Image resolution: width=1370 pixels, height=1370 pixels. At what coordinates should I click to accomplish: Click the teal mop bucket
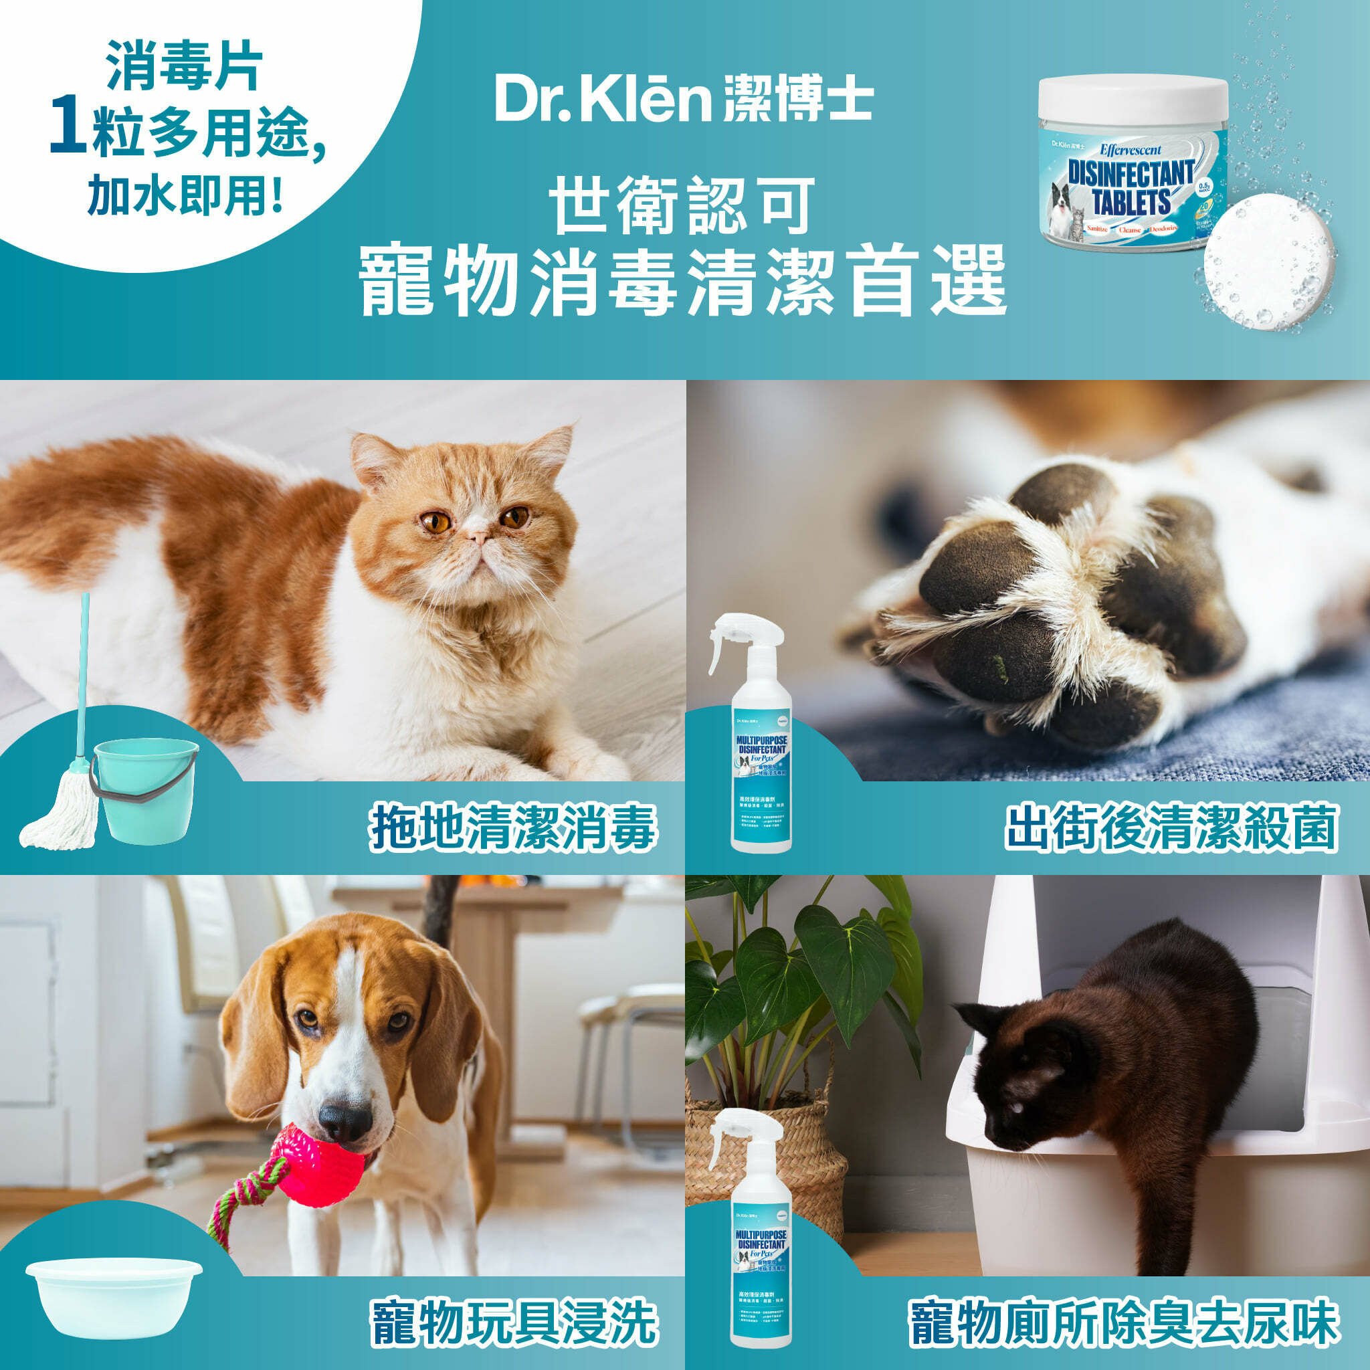click(146, 790)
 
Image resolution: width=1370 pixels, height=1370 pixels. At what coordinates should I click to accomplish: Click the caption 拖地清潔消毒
click(512, 827)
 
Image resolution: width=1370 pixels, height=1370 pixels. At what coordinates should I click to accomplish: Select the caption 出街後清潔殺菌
click(1171, 827)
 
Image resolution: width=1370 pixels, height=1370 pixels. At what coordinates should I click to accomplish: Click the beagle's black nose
click(345, 1122)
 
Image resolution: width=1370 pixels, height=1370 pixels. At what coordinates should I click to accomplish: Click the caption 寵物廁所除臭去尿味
click(1124, 1322)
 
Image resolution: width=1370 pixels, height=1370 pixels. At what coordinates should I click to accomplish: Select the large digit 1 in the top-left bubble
click(69, 128)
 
